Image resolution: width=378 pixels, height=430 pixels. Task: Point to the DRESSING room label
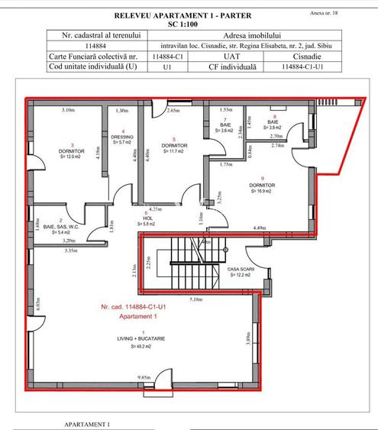122,137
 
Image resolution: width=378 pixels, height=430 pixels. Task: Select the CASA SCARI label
241,270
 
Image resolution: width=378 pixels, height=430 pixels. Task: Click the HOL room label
149,218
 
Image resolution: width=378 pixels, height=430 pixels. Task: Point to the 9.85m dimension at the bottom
144,377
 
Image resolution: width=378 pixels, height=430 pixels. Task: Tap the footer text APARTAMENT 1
88,423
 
